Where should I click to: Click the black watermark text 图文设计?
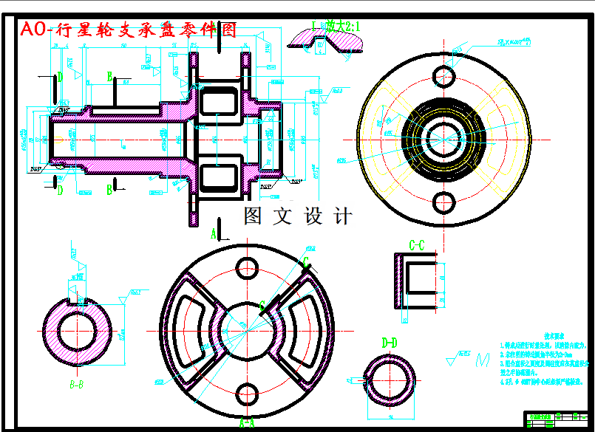coord(298,216)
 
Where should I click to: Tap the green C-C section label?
coord(416,245)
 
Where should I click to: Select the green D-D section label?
coord(390,343)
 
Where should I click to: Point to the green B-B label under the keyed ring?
coord(76,384)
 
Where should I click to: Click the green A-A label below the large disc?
coord(247,423)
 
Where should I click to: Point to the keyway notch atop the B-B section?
coord(77,298)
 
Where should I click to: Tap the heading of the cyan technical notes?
coord(555,333)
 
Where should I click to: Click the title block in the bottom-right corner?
coord(554,419)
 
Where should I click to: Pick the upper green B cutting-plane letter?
coord(109,75)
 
